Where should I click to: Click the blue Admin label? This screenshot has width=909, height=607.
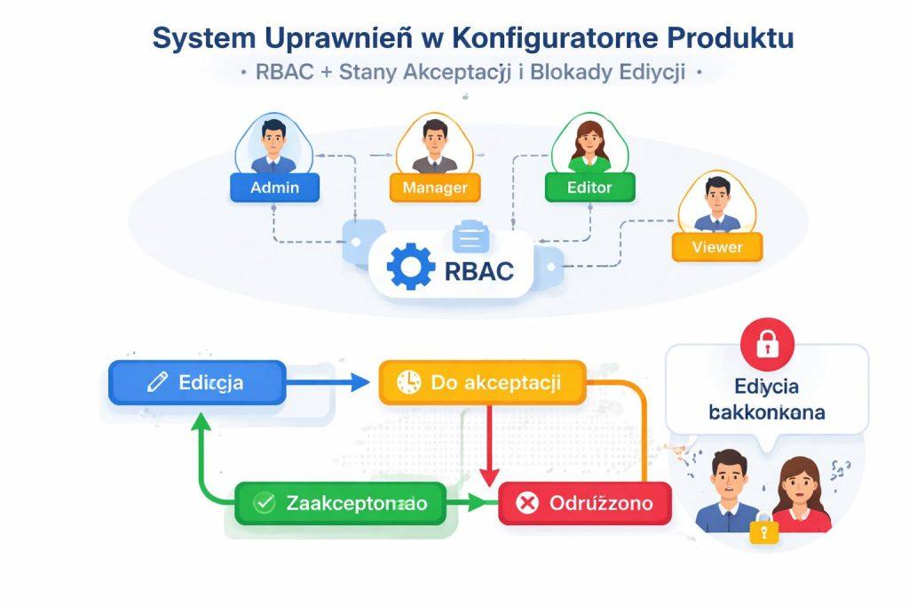click(274, 188)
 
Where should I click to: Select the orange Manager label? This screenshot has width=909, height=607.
click(434, 188)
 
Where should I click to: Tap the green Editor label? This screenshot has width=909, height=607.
click(589, 188)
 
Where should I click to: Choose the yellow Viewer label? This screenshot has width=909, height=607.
click(716, 246)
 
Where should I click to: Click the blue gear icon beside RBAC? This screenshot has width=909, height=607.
click(412, 268)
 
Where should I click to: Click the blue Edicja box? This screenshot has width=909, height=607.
click(197, 383)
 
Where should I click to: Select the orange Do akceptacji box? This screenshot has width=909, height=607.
click(482, 383)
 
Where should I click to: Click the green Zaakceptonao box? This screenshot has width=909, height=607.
click(339, 504)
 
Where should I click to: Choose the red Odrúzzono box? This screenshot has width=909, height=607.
click(585, 504)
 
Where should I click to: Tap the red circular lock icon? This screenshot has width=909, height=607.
click(767, 344)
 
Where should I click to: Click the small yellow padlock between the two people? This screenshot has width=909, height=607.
click(763, 531)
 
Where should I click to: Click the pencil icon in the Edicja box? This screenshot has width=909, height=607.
click(156, 383)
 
